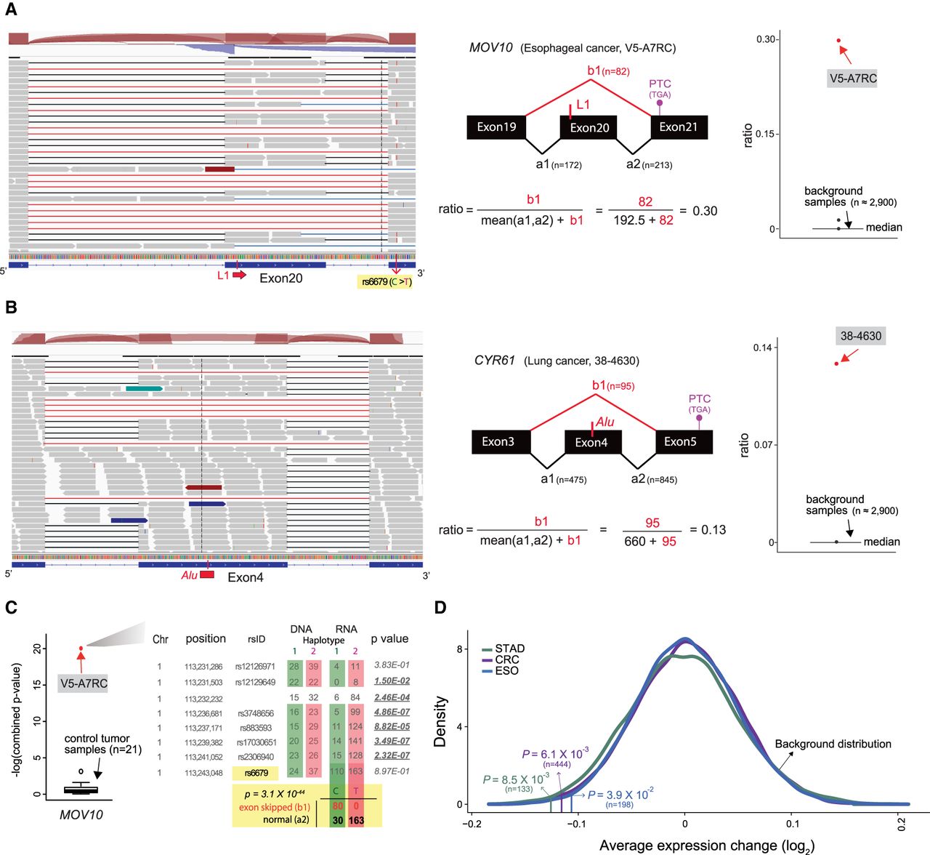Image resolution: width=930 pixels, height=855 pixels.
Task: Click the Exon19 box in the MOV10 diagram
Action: coord(496,127)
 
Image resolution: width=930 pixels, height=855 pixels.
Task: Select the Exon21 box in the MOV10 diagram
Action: coord(678,127)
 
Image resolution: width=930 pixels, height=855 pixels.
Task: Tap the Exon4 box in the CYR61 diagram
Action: coord(591,442)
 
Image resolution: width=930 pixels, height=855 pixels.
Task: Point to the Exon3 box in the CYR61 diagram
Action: coord(498,441)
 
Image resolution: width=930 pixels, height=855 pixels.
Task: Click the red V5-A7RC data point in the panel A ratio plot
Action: coord(838,41)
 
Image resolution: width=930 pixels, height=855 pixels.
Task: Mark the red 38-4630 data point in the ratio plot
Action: coord(836,364)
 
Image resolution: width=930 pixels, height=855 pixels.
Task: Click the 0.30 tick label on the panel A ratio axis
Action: coord(766,39)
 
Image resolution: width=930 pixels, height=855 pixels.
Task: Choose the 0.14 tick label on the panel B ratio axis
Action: coord(762,348)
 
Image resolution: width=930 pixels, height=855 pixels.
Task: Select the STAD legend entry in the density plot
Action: coord(509,649)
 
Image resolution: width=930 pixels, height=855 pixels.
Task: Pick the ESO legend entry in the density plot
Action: coord(506,670)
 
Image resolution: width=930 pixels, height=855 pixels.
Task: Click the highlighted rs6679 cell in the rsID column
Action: coord(256,773)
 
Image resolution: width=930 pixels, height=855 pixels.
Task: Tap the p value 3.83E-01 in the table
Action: coord(392,665)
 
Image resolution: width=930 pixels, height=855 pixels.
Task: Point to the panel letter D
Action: coord(440,607)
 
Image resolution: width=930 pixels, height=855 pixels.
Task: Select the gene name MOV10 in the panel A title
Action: coord(491,48)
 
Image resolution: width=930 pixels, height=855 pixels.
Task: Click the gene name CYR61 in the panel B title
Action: coord(495,361)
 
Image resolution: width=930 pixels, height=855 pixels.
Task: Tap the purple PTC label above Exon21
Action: coord(660,84)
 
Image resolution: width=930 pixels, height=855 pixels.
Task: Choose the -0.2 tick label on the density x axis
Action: coord(472,824)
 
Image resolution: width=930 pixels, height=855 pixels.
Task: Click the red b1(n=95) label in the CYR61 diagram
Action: coord(612,385)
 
